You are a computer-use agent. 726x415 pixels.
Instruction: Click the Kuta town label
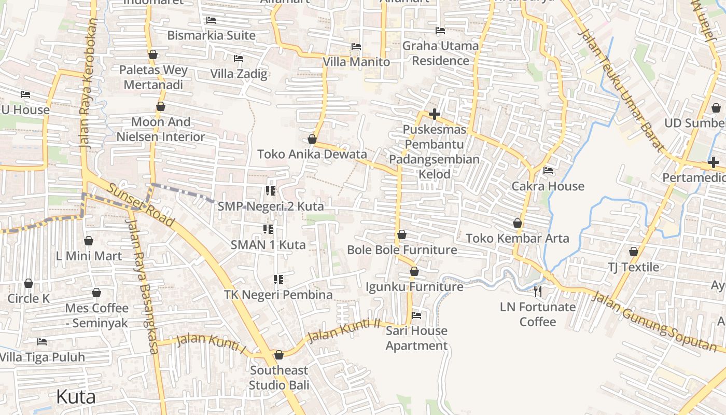[x=76, y=397]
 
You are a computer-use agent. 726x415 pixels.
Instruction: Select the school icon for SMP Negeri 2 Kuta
[x=270, y=191]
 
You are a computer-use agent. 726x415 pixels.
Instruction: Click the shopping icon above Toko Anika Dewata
[x=312, y=139]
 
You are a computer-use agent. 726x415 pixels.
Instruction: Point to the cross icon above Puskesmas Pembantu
[x=435, y=114]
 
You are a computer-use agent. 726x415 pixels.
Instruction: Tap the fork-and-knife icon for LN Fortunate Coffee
[x=538, y=291]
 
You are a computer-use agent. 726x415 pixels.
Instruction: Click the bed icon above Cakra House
[x=548, y=171]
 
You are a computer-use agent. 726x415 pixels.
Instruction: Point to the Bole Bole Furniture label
[x=402, y=250]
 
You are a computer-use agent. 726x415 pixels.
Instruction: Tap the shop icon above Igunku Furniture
[x=414, y=271]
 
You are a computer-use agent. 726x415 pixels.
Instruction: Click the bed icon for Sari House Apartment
[x=416, y=315]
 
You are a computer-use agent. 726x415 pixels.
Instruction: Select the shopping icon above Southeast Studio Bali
[x=279, y=355]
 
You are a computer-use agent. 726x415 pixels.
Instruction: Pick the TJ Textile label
[x=633, y=267]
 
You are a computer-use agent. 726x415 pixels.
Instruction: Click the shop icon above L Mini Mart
[x=89, y=241]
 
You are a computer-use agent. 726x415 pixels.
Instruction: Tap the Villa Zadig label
[x=239, y=74]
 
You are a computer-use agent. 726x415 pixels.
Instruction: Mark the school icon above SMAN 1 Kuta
[x=268, y=229]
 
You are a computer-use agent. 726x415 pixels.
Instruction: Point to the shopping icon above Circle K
[x=29, y=283]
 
